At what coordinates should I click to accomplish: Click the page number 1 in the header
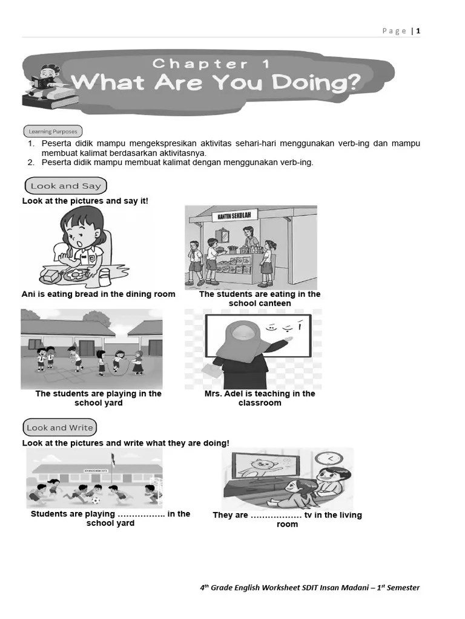(x=418, y=31)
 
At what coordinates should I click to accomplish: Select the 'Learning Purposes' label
(x=53, y=131)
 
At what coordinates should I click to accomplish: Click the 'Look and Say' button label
(x=65, y=186)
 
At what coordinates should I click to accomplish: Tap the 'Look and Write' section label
(x=59, y=427)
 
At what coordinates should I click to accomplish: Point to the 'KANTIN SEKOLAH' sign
(x=234, y=216)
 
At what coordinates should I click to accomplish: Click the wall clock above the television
(x=328, y=459)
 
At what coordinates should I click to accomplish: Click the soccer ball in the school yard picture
(x=96, y=500)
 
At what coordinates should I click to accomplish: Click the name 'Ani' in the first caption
(x=28, y=294)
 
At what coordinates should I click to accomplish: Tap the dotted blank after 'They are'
(x=276, y=516)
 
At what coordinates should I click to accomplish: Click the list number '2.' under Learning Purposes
(x=31, y=162)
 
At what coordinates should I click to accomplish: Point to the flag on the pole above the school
(x=113, y=459)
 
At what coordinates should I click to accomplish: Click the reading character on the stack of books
(x=46, y=79)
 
